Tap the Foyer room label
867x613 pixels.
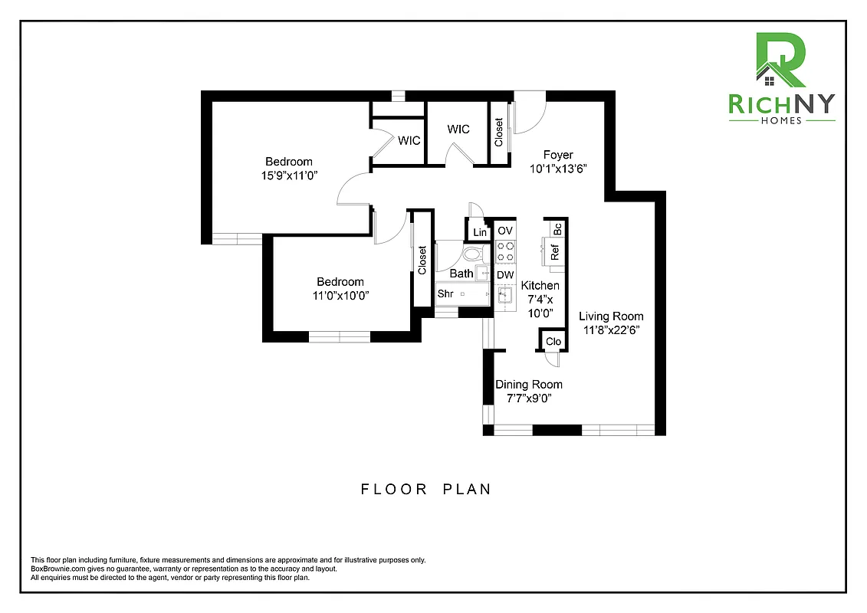click(x=558, y=155)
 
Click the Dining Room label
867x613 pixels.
click(x=528, y=385)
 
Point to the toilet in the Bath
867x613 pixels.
click(x=473, y=254)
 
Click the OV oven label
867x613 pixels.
click(x=504, y=231)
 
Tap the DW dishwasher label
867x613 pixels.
click(x=504, y=275)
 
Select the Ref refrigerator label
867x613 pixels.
click(x=555, y=251)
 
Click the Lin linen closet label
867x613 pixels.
click(x=480, y=233)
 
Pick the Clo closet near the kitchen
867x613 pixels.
click(x=553, y=342)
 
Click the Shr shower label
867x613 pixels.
click(x=445, y=293)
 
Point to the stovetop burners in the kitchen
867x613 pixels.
click(x=505, y=251)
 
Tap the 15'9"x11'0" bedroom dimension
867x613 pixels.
click(x=288, y=175)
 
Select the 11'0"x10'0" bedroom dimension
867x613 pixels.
click(x=341, y=296)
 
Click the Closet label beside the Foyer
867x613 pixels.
click(x=499, y=133)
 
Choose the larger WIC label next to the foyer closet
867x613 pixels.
click(x=458, y=129)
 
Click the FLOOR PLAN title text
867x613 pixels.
click(x=425, y=489)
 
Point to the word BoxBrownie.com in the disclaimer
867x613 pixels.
click(x=57, y=569)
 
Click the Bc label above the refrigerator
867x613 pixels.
click(x=557, y=228)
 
